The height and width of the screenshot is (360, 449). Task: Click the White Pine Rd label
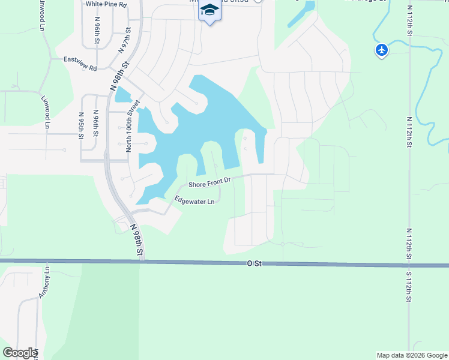click(106, 4)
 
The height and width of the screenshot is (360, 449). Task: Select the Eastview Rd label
click(80, 64)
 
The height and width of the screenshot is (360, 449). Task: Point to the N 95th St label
click(81, 125)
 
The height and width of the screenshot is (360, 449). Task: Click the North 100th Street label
click(128, 125)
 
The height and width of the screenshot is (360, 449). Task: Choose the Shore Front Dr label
click(209, 181)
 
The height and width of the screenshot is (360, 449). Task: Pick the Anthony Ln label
click(44, 283)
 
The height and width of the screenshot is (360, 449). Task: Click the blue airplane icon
click(382, 49)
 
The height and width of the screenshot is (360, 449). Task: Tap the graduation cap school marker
click(210, 11)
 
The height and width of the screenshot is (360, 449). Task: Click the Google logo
click(19, 353)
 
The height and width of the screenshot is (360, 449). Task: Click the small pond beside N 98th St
click(122, 95)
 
